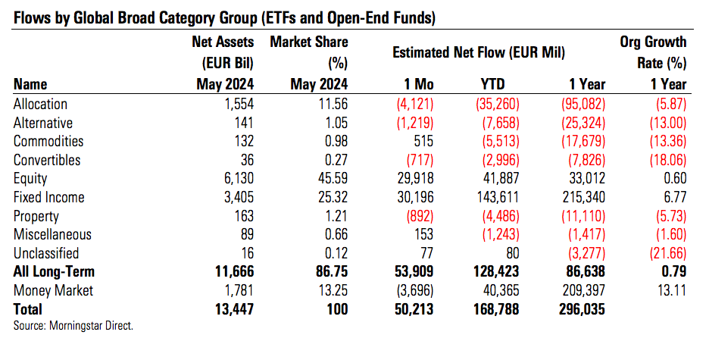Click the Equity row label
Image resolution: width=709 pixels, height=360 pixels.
coord(30,179)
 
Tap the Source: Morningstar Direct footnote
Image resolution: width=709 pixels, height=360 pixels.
coord(73,326)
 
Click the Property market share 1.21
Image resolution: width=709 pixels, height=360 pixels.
coord(333,216)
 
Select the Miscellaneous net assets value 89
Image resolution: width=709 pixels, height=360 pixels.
coord(245,235)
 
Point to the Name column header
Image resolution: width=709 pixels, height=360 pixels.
coord(30,84)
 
